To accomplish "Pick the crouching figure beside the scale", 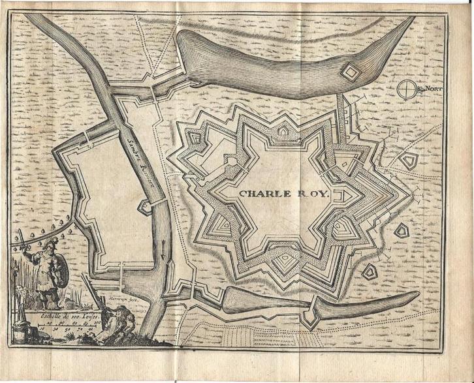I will click(121, 320).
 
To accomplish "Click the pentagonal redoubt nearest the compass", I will click(409, 161).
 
